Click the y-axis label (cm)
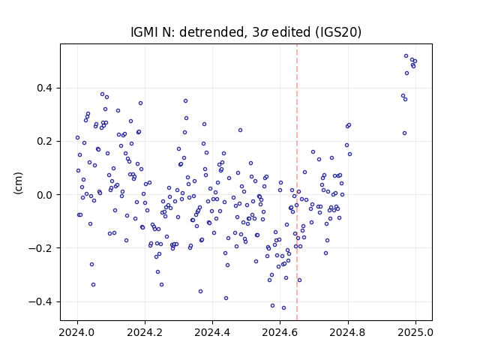18,183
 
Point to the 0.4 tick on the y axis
45,88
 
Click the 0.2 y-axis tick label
45,142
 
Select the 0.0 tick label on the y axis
45,195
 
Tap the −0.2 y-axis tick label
40,248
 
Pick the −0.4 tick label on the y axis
40,301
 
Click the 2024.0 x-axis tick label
77,332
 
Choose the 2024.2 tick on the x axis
145,332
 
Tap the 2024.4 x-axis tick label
212,332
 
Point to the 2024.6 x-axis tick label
280,332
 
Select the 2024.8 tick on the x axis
348,332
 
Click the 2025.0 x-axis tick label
415,332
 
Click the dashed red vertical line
297,182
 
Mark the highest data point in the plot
406,56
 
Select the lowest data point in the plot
283,308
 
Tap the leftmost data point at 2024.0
77,138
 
